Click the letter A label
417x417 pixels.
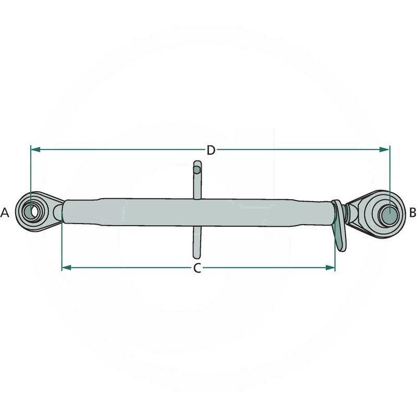(5, 212)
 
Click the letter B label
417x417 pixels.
(412, 212)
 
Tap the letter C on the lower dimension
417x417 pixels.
(197, 268)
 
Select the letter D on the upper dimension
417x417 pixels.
(211, 150)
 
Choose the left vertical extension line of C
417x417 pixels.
(62, 245)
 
